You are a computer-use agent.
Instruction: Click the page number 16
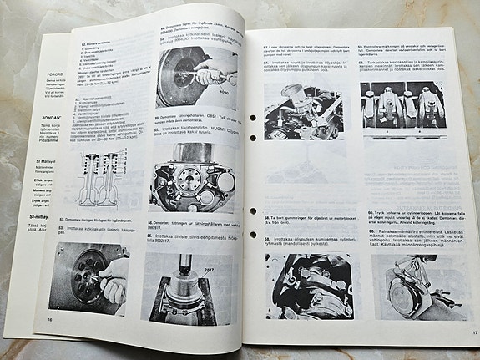[49, 320]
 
